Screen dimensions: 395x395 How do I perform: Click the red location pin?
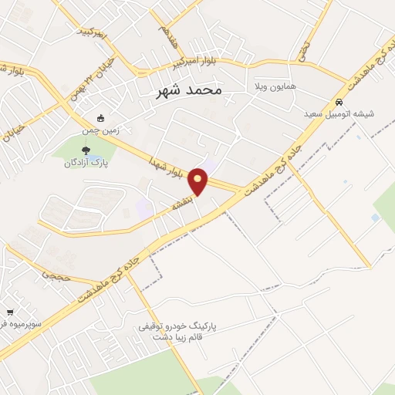pyautogui.click(x=199, y=181)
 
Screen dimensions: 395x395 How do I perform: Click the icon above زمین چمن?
pyautogui.click(x=101, y=118)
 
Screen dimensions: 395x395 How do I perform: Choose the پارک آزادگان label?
pyautogui.click(x=86, y=163)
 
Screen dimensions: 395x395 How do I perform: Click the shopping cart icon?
pyautogui.click(x=9, y=312)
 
